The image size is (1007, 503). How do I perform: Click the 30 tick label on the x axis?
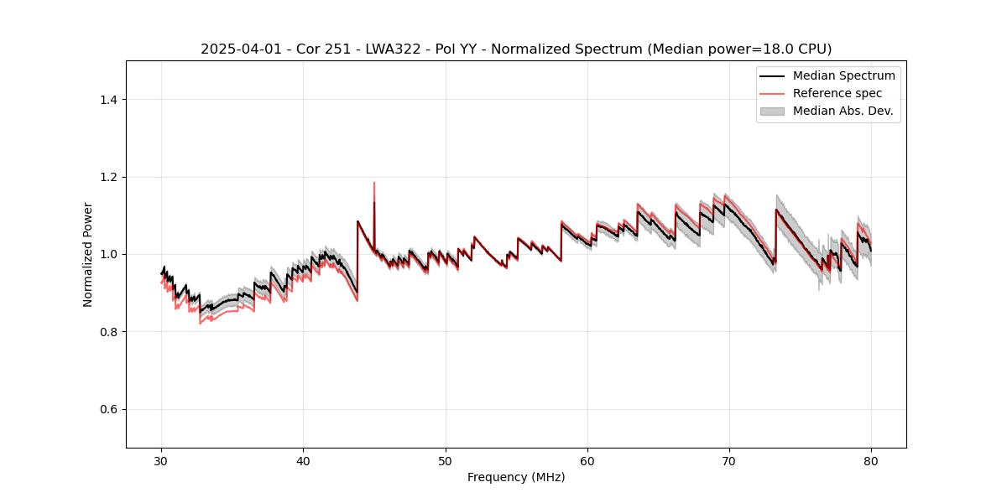(x=161, y=461)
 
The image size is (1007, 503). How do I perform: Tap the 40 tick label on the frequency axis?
(x=303, y=461)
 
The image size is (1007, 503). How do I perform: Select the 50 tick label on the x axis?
(x=446, y=461)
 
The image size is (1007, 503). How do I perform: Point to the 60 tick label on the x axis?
(x=587, y=461)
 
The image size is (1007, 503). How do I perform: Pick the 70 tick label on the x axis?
(x=729, y=461)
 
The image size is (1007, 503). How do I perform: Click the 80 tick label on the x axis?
(x=871, y=461)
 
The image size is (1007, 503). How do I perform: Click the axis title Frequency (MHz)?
(x=516, y=477)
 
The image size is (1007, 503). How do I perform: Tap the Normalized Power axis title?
(x=88, y=254)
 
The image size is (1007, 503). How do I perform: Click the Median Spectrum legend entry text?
(x=843, y=75)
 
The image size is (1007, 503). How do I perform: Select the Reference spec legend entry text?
(x=837, y=93)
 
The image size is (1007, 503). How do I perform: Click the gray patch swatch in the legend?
(x=772, y=111)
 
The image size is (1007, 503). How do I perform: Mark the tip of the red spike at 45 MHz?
(x=374, y=182)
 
